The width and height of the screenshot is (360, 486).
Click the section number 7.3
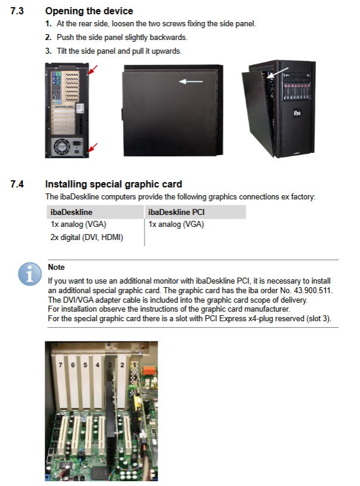(17, 11)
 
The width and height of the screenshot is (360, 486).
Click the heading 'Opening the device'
(89, 11)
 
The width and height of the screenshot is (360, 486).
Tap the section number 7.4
(17, 184)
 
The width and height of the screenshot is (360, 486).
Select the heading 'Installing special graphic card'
(113, 184)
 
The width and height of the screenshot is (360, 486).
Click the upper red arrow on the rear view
(94, 69)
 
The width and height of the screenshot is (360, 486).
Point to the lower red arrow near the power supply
(93, 147)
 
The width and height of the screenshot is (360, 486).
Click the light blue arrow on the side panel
(191, 82)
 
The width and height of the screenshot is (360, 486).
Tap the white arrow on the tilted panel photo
(278, 73)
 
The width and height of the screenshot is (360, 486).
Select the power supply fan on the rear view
(62, 147)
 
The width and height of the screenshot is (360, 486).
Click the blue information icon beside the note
(30, 274)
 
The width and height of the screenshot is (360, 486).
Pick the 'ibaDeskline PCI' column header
(176, 213)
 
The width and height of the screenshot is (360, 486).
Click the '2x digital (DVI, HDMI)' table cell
(87, 238)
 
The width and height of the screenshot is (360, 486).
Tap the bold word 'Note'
(56, 267)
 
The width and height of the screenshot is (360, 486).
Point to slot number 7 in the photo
(60, 365)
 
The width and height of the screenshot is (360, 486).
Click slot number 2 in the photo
(122, 365)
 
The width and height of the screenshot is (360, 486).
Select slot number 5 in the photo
(85, 365)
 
